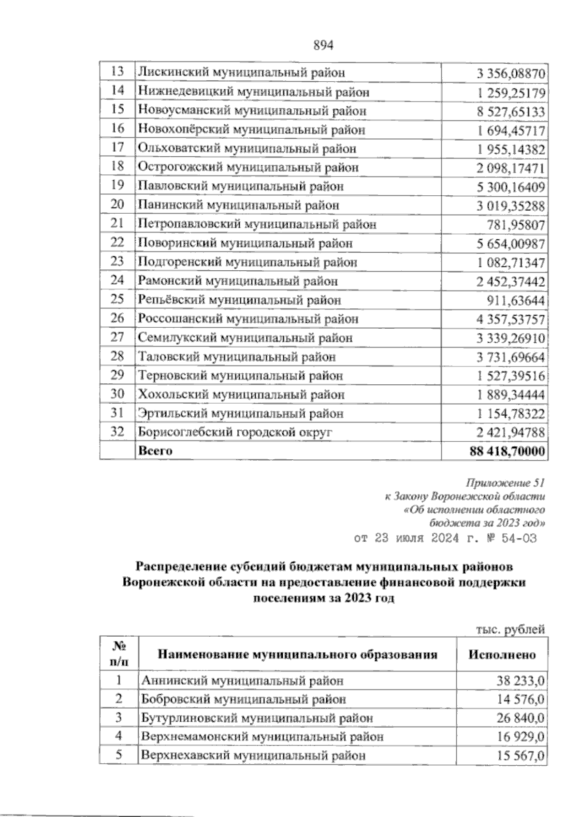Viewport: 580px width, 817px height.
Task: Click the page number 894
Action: tap(324, 45)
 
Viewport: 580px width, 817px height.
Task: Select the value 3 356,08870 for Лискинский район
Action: tap(511, 74)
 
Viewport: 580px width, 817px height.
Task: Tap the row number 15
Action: tap(117, 109)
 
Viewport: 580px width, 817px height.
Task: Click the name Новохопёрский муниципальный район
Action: tap(251, 130)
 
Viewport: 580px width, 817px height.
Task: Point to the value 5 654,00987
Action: tap(511, 244)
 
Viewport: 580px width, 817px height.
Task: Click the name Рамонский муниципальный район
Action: tap(238, 281)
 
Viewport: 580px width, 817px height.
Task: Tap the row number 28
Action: tap(117, 356)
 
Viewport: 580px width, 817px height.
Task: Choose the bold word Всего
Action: tap(155, 451)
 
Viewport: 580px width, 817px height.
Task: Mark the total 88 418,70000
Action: tap(507, 452)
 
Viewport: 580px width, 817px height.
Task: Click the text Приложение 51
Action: tap(506, 482)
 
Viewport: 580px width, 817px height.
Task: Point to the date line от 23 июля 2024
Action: tap(445, 539)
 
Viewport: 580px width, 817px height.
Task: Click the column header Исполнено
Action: tap(502, 655)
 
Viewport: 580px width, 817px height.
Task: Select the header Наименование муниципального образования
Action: tap(298, 655)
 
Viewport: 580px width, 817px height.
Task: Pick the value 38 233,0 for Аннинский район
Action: tap(521, 681)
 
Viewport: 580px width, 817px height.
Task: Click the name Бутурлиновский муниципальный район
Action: tap(257, 718)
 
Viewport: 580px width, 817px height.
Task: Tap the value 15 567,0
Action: tap(521, 756)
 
